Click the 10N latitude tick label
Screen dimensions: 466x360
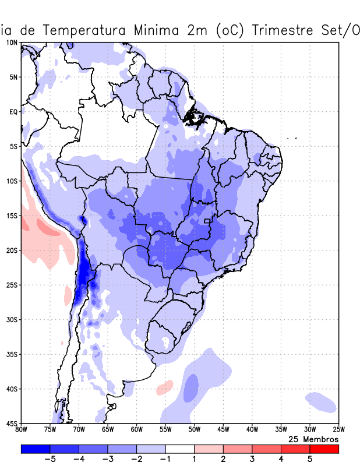[11, 43]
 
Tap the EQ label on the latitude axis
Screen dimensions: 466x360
[13, 111]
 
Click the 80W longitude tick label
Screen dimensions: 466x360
[21, 430]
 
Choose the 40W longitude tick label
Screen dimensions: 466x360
[252, 430]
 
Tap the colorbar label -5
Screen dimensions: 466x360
[49, 459]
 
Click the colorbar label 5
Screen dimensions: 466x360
[310, 459]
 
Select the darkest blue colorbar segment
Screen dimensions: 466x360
[35, 449]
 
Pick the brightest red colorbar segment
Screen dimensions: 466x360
[324, 449]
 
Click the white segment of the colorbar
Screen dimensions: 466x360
[179, 449]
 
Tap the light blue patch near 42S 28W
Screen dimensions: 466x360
[321, 401]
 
